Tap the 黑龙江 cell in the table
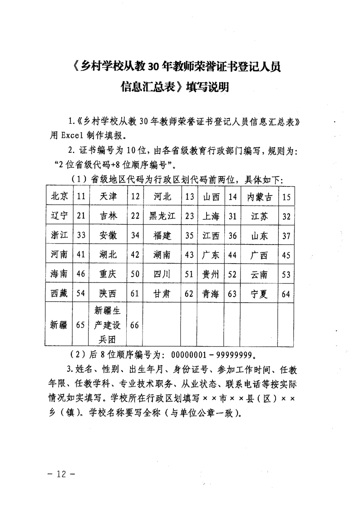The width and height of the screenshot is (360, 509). [x=162, y=216]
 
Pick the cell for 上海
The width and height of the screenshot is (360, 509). [x=211, y=216]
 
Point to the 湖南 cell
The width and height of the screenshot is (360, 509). [x=162, y=255]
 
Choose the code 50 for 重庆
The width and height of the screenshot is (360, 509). [x=135, y=274]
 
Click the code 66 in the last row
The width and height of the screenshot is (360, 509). [x=135, y=325]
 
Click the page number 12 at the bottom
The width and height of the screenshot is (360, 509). [x=60, y=474]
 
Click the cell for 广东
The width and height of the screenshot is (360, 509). [x=211, y=255]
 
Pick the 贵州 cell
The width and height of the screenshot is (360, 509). [x=211, y=274]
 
